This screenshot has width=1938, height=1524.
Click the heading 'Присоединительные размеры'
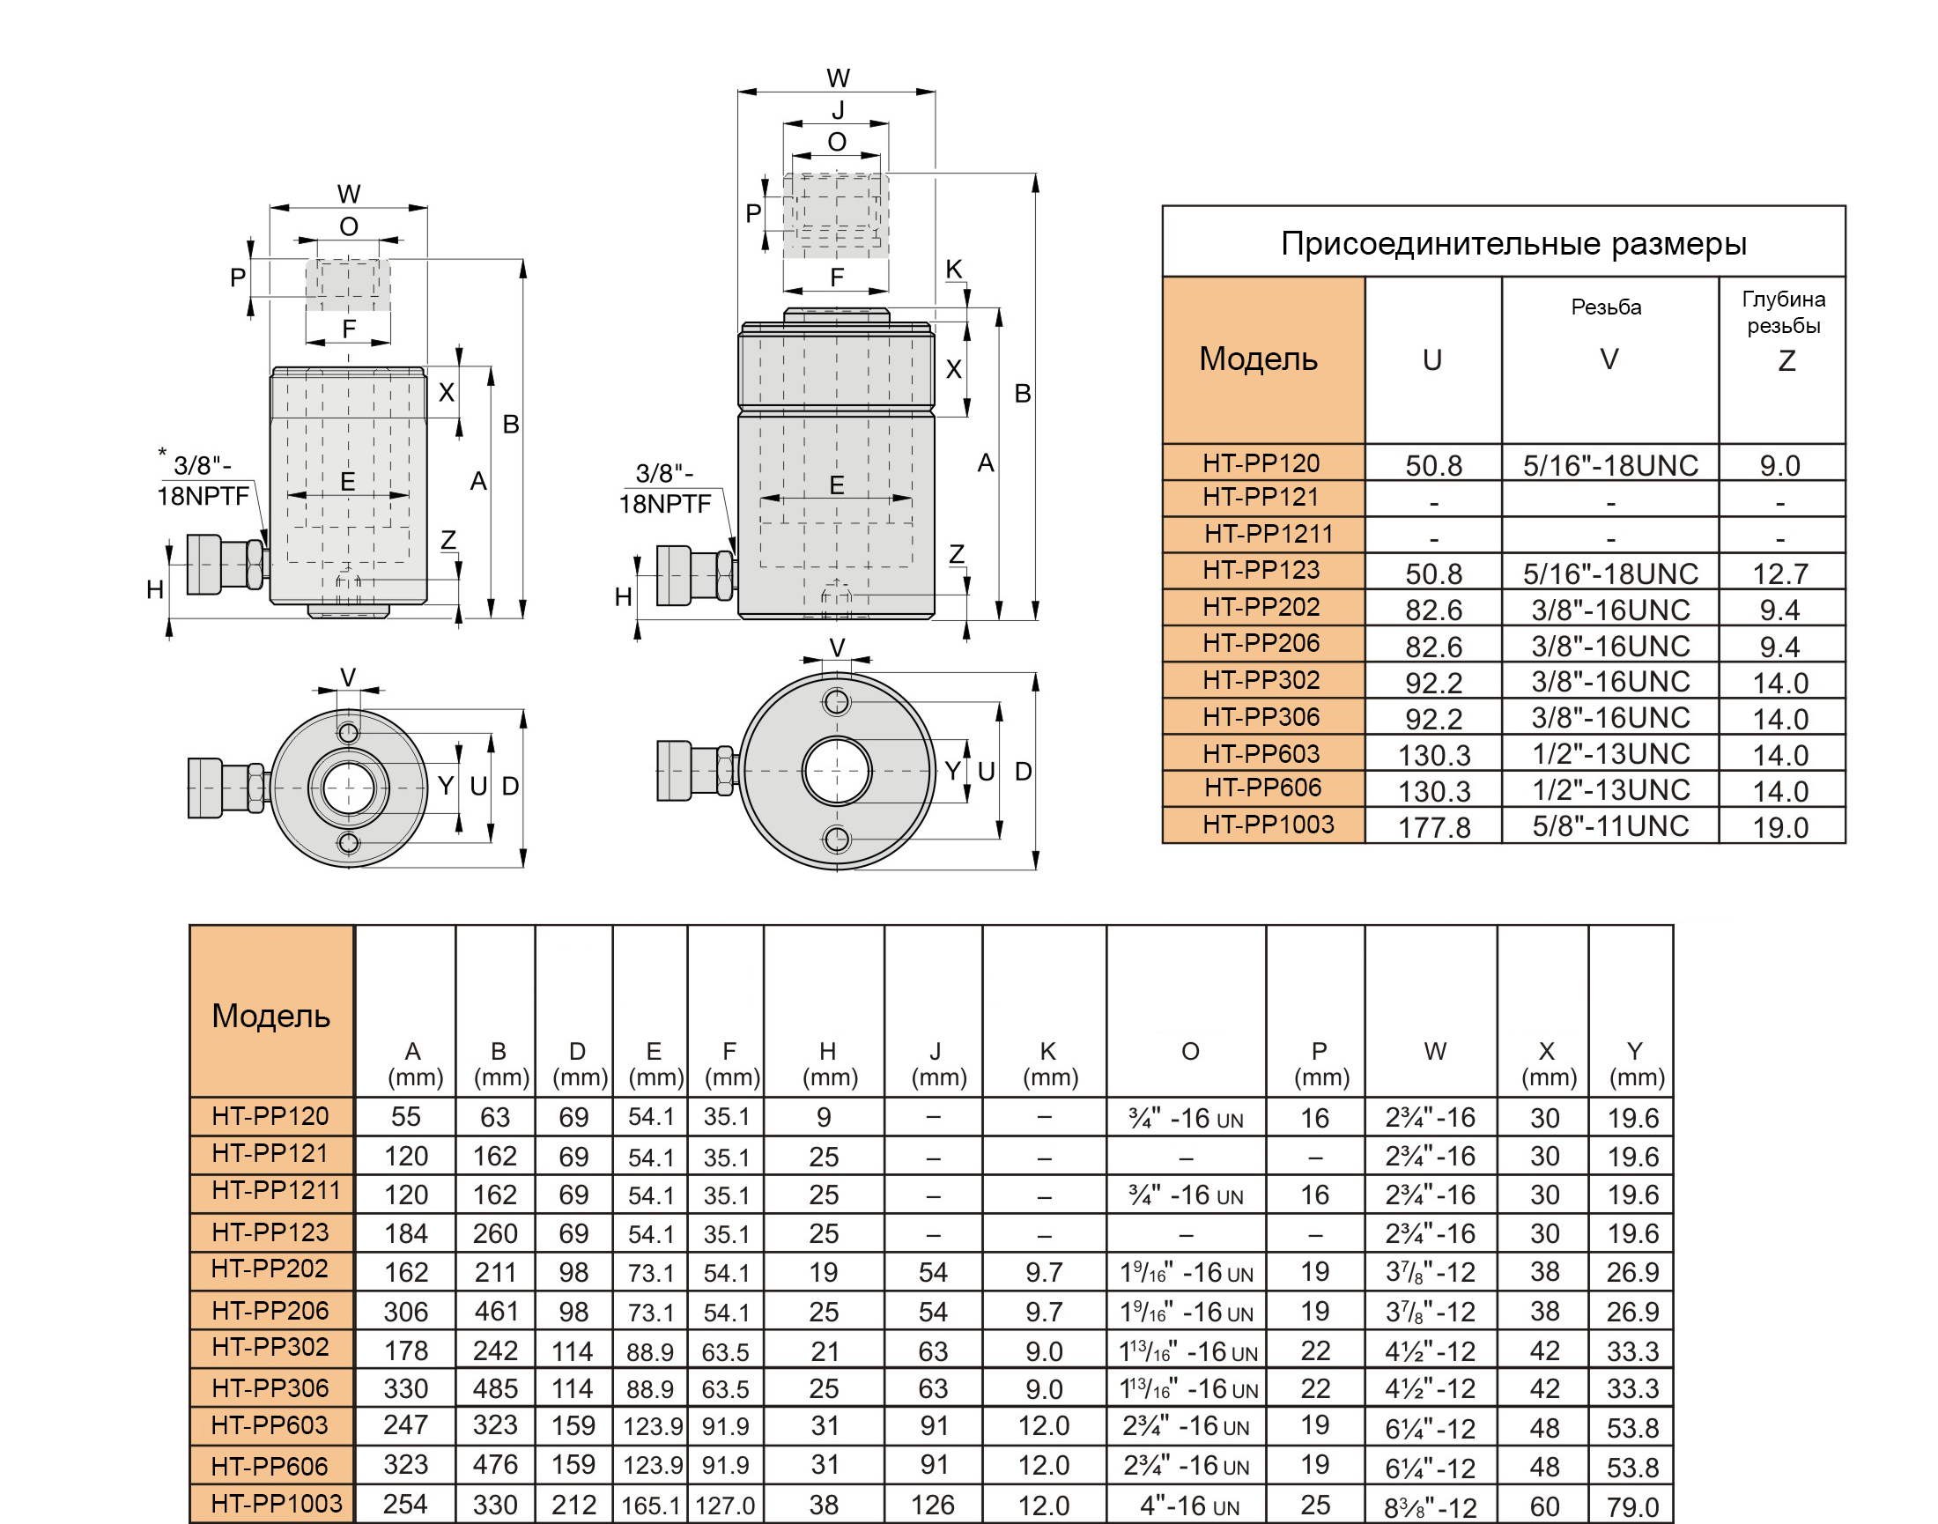pyautogui.click(x=1513, y=244)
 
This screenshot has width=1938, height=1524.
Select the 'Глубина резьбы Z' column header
pyautogui.click(x=1783, y=330)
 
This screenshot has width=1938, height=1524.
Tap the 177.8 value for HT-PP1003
pyautogui.click(x=1434, y=827)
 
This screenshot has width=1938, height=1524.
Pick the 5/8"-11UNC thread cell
pyautogui.click(x=1610, y=825)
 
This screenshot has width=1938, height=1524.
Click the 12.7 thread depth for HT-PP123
pyautogui.click(x=1780, y=573)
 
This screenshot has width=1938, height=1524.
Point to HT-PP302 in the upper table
pyautogui.click(x=1261, y=680)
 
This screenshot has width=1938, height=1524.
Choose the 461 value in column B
pyautogui.click(x=496, y=1311)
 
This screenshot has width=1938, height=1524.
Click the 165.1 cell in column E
pyautogui.click(x=651, y=1506)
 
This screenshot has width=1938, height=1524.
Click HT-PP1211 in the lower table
pyautogui.click(x=276, y=1189)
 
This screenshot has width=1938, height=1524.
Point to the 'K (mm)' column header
pyautogui.click(x=1049, y=1063)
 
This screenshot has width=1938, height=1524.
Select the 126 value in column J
pyautogui.click(x=932, y=1506)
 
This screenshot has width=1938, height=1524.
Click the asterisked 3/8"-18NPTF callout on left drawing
pyautogui.click(x=203, y=478)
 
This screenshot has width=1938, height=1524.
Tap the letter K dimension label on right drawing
pyautogui.click(x=954, y=269)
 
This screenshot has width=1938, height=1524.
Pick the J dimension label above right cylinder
pyautogui.click(x=837, y=110)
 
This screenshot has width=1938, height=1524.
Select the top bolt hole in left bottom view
pyautogui.click(x=349, y=734)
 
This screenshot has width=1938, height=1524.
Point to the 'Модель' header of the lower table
pyautogui.click(x=271, y=1016)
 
